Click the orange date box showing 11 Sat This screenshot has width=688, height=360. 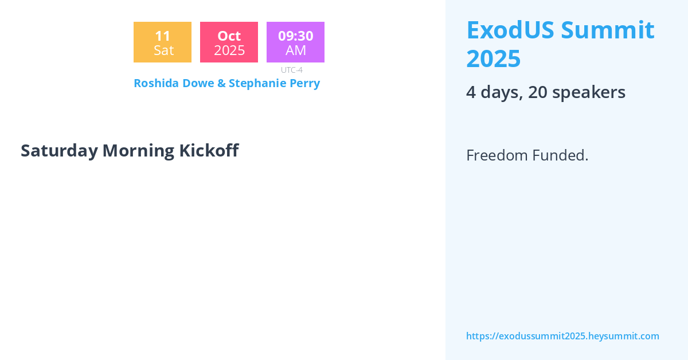click(x=162, y=42)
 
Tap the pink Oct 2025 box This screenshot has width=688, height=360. click(x=229, y=42)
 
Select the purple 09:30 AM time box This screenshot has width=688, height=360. click(x=295, y=42)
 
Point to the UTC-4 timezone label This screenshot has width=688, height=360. click(x=291, y=70)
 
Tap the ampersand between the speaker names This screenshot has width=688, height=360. click(x=221, y=83)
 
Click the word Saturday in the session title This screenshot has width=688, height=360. click(x=59, y=151)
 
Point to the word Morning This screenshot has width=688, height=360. click(x=139, y=151)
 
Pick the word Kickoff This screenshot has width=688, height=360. click(x=209, y=150)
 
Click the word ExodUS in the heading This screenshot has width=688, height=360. click(x=510, y=30)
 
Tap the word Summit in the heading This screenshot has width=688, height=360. click(x=608, y=30)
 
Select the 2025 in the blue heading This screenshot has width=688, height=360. click(x=493, y=58)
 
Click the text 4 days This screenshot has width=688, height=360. click(x=494, y=92)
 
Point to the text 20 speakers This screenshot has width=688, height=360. click(x=577, y=92)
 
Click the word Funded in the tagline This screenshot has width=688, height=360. click(x=560, y=155)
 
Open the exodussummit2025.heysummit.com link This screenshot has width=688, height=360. click(x=562, y=336)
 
